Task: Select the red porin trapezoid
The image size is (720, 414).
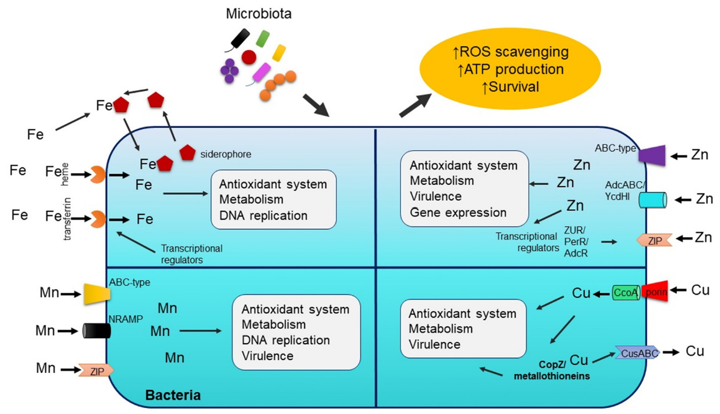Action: [x=655, y=291]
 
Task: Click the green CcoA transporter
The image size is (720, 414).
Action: [x=626, y=292]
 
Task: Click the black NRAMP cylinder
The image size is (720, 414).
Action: [x=97, y=331]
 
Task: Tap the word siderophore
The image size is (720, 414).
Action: [x=225, y=154]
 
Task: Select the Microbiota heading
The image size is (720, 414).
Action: [x=259, y=14]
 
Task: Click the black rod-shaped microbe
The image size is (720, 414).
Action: [x=240, y=38]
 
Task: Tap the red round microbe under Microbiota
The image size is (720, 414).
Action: [x=249, y=57]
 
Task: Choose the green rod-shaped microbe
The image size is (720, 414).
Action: [x=262, y=37]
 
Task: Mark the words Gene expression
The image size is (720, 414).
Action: [x=458, y=212]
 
